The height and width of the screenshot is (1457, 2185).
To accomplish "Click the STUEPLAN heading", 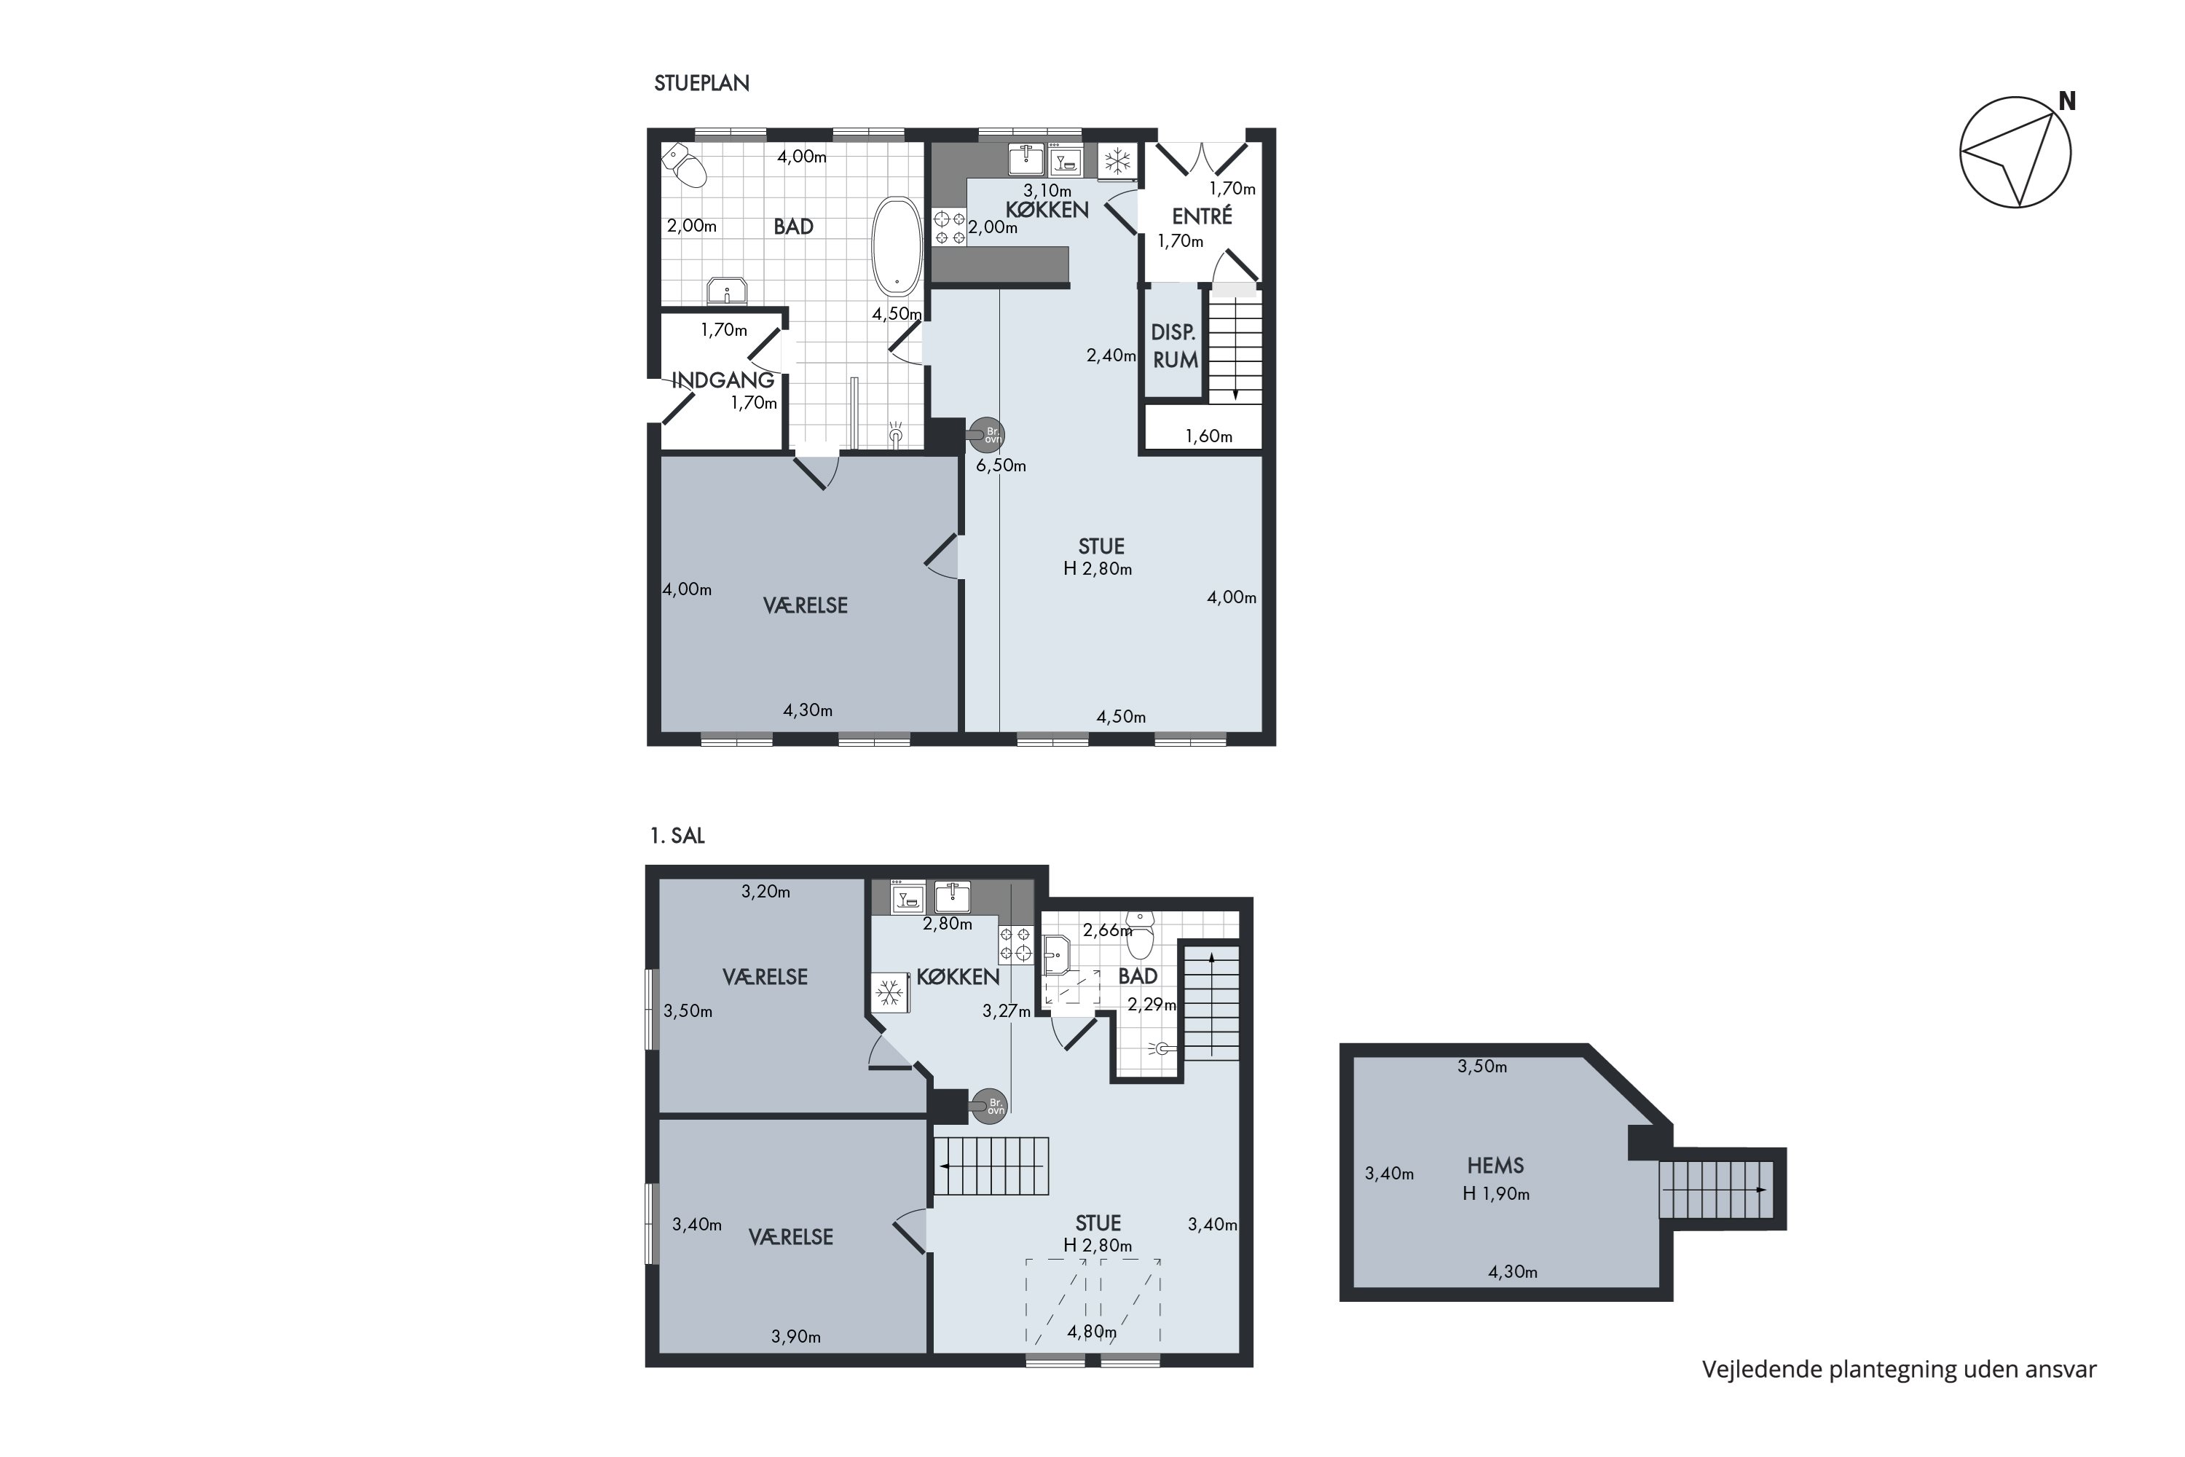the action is click(701, 83).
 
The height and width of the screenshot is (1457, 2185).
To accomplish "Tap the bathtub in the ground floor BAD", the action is click(897, 246).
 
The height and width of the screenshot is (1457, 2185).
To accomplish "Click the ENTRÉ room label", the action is click(1202, 216).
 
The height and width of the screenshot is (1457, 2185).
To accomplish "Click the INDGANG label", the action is click(723, 380).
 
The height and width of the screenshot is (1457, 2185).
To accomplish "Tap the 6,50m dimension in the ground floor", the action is click(1001, 466).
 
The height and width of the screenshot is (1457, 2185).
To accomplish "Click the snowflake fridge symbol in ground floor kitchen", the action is click(1117, 162).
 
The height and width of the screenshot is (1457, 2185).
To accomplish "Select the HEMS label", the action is click(1496, 1165).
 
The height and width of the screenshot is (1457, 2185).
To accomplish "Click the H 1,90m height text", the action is click(1496, 1194).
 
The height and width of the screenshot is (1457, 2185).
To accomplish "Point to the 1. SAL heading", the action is click(677, 836).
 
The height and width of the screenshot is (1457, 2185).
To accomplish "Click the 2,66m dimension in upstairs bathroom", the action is click(1107, 930).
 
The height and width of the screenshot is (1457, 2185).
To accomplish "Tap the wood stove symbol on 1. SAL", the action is click(988, 1106).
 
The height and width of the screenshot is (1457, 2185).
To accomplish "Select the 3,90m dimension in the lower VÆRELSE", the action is click(796, 1337).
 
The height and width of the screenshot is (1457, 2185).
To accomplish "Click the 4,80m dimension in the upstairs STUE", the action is click(1092, 1332).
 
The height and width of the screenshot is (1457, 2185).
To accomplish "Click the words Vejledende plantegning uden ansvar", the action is click(1899, 1370).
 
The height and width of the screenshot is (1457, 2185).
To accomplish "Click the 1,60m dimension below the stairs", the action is click(1208, 436).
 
